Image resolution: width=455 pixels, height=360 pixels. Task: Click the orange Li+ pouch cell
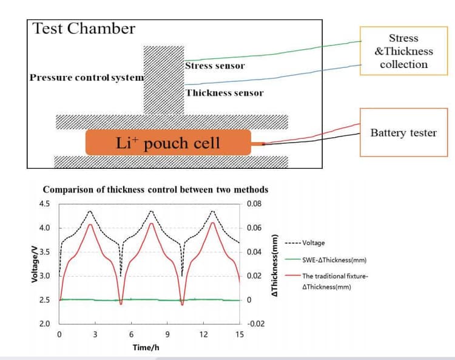click(168, 142)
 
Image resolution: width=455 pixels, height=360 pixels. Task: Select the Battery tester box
click(403, 132)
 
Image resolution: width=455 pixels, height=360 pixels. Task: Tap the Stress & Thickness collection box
click(403, 51)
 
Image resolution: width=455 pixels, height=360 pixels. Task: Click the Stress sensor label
click(215, 66)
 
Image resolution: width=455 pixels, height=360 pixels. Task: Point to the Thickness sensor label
click(224, 93)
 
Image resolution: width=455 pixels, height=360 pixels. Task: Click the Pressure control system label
click(87, 78)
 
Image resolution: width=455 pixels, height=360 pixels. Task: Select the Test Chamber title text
click(84, 29)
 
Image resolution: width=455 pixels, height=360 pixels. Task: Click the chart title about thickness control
click(155, 189)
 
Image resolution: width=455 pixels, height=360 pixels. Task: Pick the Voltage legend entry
click(305, 243)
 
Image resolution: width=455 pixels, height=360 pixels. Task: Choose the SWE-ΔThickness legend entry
click(326, 260)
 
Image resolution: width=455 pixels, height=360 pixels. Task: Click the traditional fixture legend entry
click(327, 281)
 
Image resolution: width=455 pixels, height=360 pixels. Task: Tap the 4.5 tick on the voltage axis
click(44, 204)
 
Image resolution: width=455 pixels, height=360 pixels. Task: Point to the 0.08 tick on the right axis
click(254, 204)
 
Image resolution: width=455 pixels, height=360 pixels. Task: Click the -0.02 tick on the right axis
click(255, 324)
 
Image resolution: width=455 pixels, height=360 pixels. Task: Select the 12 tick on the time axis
click(203, 335)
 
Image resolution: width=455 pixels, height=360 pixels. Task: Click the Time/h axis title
click(146, 347)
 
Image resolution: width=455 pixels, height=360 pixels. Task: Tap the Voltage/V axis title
click(35, 264)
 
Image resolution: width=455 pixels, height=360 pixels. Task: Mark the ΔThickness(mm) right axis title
click(274, 265)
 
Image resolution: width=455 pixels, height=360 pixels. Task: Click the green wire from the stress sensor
click(273, 54)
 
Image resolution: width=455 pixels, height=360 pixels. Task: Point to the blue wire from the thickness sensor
click(273, 79)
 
